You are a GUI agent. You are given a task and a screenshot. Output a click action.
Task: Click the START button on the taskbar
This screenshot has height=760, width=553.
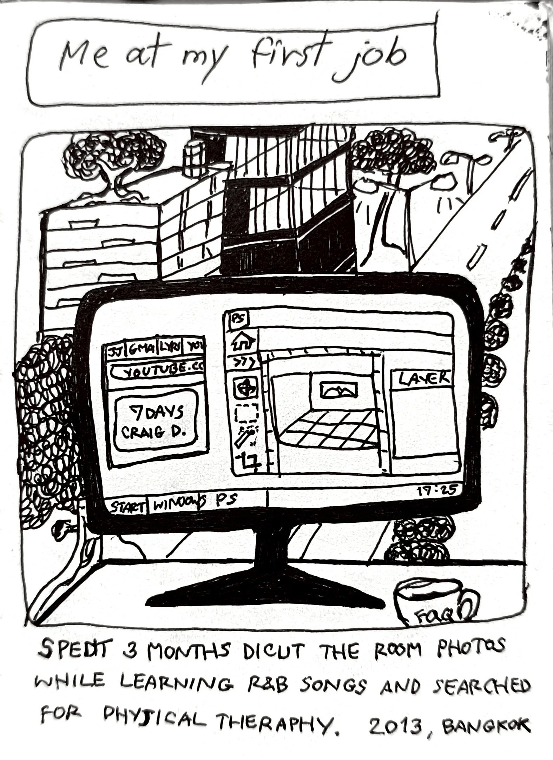(127, 507)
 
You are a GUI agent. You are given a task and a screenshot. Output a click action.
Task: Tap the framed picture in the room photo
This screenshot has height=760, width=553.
(339, 390)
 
